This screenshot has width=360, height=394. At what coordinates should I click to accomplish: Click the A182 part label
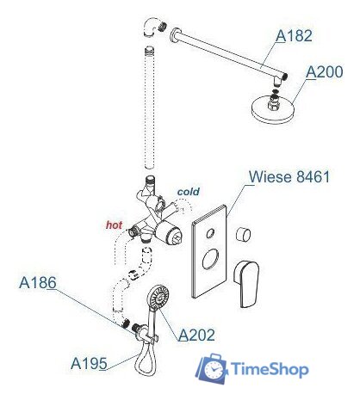(x=294, y=36)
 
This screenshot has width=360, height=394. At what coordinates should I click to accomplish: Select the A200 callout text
(x=324, y=71)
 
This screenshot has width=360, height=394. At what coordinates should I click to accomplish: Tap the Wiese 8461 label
(x=289, y=176)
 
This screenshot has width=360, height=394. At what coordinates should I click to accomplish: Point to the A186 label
(x=38, y=283)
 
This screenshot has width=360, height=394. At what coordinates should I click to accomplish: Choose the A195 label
(x=89, y=363)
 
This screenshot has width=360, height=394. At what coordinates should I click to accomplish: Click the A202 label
(x=196, y=335)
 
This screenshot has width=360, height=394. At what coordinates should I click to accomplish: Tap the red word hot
(x=115, y=225)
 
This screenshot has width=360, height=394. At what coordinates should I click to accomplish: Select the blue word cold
(x=189, y=192)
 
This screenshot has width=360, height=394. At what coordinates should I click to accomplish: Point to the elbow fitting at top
(x=151, y=27)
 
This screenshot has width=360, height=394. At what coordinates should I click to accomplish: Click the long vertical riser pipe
(x=150, y=107)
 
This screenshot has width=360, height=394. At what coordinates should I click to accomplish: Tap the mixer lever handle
(x=246, y=284)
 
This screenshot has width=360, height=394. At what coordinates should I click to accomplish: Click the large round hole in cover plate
(x=211, y=259)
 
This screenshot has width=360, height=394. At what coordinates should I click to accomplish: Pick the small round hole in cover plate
(x=211, y=233)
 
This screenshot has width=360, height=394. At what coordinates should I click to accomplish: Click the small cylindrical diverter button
(x=243, y=234)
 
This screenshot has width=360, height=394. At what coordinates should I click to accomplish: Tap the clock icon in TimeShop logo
(x=213, y=370)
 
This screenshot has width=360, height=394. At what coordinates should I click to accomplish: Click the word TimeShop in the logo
(x=270, y=370)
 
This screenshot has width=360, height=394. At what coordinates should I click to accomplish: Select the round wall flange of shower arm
(x=175, y=34)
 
